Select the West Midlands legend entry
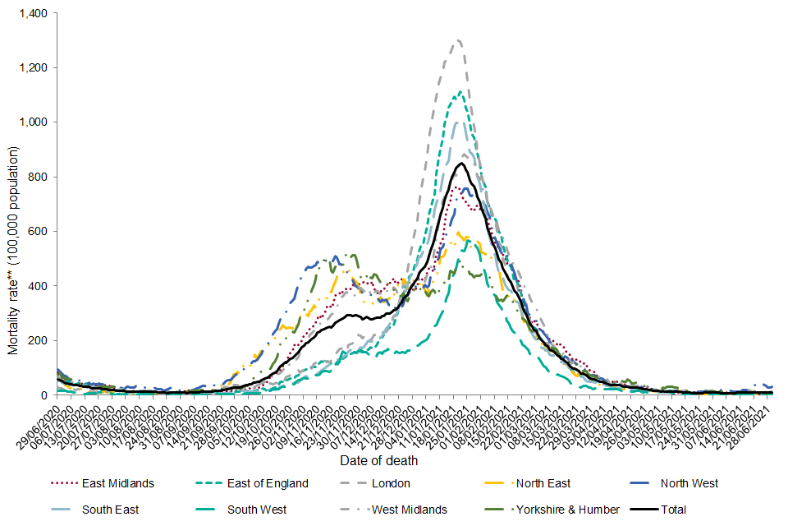[x=410, y=510]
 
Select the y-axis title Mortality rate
[x=13, y=251]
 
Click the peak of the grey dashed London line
[x=458, y=40]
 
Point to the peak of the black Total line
[x=461, y=163]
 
